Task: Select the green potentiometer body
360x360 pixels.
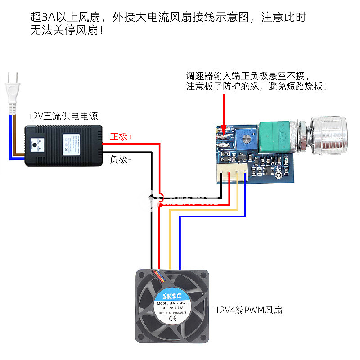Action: click(275, 137)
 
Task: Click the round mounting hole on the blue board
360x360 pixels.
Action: click(279, 175)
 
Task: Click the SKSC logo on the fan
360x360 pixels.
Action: click(171, 295)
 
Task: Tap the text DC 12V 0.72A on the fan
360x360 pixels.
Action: click(171, 308)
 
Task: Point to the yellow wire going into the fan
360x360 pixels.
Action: click(170, 243)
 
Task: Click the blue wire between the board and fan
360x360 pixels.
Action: click(180, 243)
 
